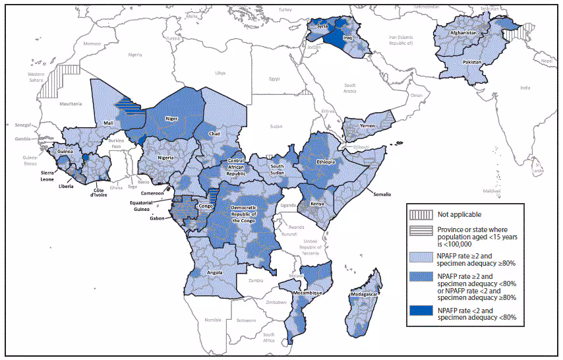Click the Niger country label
coord(171,119)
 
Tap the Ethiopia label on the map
coord(326,162)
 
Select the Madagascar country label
coord(363,294)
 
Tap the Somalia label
coord(380,195)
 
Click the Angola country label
coord(216,272)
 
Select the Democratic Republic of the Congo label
coord(252,214)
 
